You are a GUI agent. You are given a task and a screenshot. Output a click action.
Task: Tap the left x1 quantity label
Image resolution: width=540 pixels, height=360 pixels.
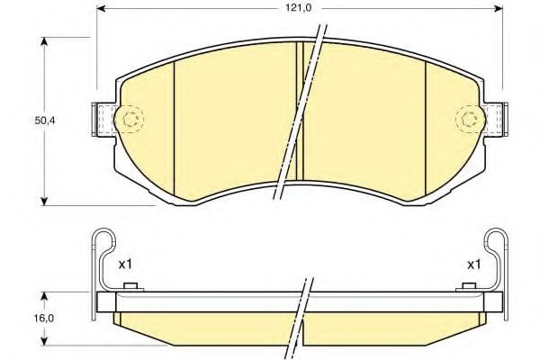tap(126, 265)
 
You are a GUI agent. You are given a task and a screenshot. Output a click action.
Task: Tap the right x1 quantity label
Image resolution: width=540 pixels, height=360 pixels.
tap(472, 265)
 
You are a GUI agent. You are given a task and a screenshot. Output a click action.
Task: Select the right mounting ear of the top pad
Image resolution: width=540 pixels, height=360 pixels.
tap(494, 120)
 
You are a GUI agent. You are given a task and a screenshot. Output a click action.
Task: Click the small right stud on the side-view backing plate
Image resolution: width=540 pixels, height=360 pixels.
tap(467, 286)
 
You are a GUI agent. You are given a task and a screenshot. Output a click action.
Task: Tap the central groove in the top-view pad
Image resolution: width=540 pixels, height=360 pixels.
tap(298, 117)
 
